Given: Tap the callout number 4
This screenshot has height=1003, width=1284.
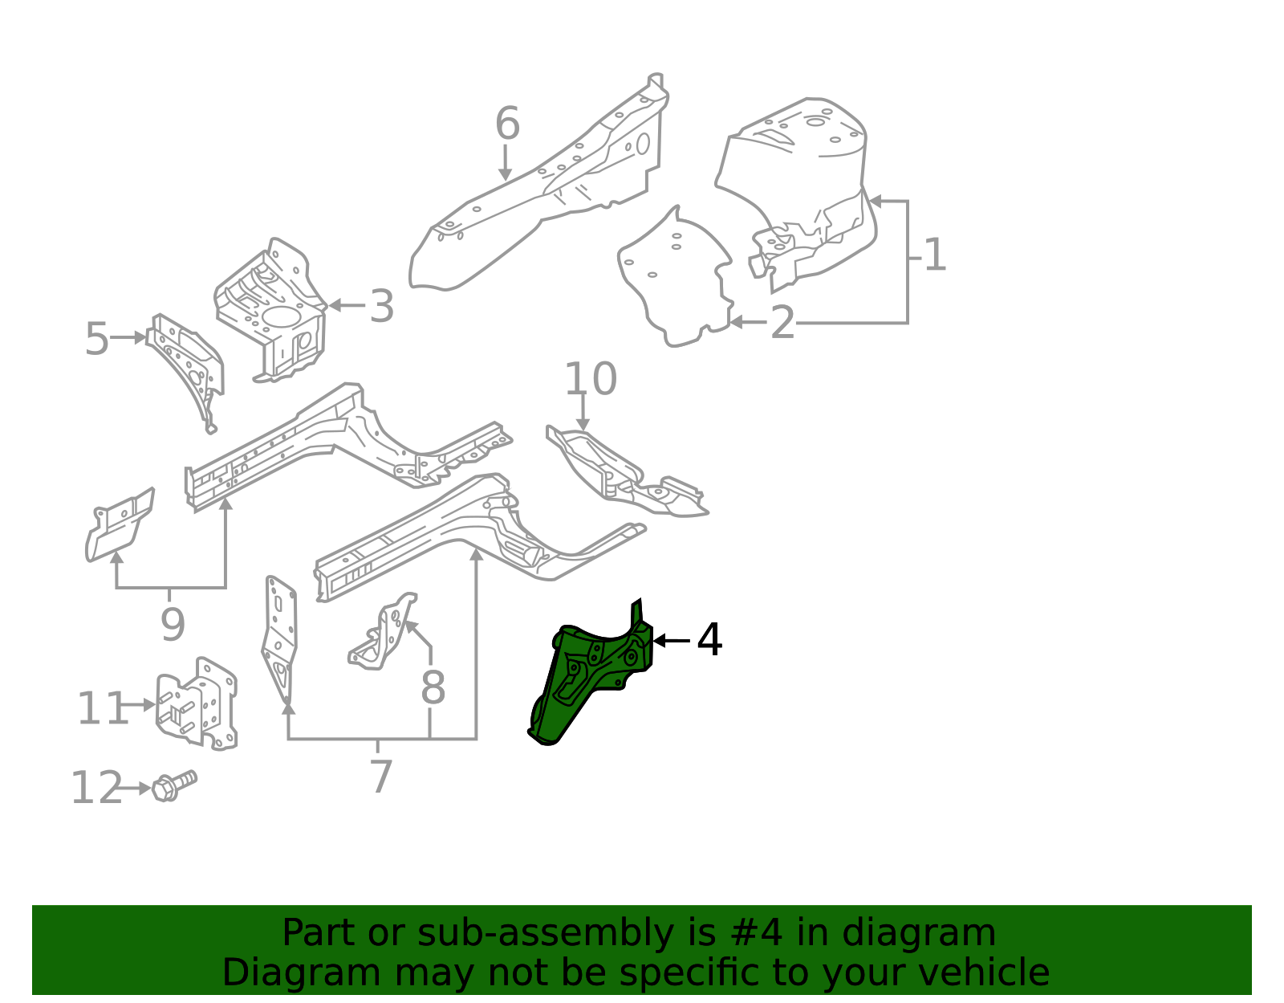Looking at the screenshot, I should [709, 640].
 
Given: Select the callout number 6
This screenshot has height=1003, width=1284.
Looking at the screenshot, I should [507, 124].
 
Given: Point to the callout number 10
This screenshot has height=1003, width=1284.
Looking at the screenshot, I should [590, 379].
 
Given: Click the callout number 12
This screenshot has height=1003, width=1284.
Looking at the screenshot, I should [95, 789].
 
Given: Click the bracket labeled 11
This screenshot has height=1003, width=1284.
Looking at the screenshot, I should [197, 704].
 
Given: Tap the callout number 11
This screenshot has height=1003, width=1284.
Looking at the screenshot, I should [101, 709].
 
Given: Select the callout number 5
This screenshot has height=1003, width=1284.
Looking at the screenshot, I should [96, 339].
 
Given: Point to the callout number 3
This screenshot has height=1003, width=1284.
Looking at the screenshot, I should [382, 307].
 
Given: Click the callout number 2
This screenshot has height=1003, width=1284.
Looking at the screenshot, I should [782, 323].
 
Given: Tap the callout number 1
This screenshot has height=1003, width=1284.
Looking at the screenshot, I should [935, 255].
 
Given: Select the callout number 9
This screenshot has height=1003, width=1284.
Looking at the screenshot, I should [173, 625].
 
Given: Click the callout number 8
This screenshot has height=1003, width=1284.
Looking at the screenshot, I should [433, 687].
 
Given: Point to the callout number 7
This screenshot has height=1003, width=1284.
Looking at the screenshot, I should [380, 777].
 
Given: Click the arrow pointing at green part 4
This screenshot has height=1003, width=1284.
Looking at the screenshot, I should [671, 640].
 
